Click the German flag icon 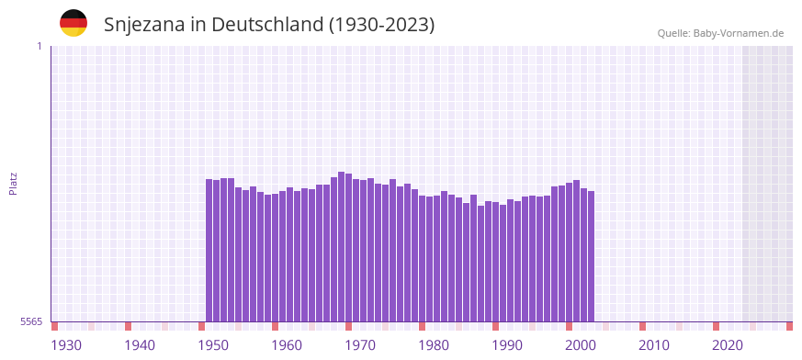click(73, 24)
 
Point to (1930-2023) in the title click(381, 25)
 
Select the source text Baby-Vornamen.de click(739, 33)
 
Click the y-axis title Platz click(14, 183)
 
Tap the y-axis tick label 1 click(39, 46)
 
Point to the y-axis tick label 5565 click(31, 321)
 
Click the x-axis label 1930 click(66, 345)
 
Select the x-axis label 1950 click(213, 345)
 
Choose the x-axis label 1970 click(360, 345)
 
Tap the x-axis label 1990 click(507, 345)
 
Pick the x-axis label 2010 click(654, 345)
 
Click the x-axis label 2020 click(728, 345)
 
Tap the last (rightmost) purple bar click(592, 256)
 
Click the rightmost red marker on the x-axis click(789, 326)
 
